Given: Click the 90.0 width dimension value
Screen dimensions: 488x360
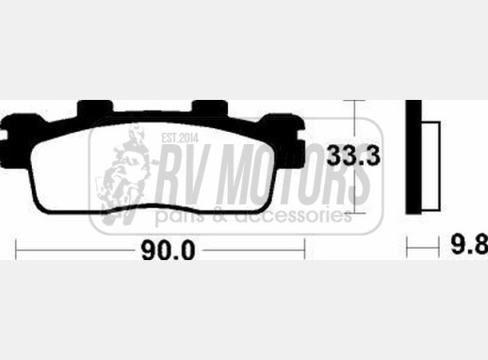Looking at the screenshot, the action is coord(169,250).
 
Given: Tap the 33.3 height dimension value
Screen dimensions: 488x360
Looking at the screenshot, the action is coord(353,155).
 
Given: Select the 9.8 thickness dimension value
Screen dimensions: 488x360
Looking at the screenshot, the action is coord(470,244).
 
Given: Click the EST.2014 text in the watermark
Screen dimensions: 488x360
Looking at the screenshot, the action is coord(180,139).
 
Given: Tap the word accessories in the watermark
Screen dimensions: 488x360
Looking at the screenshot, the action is coord(293,216).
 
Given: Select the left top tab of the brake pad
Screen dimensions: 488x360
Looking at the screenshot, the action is coord(95,106).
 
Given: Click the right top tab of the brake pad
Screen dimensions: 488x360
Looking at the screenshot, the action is coord(209,106).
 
